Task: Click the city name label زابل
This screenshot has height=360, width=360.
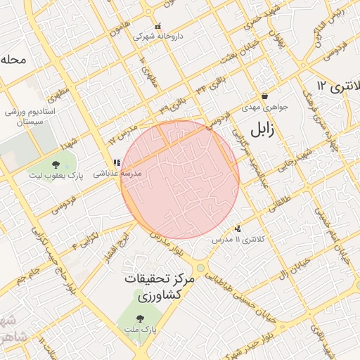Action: coord(259,129)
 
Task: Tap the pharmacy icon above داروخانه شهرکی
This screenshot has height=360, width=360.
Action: coord(157,26)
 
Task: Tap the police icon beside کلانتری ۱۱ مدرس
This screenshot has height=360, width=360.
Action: coord(238,229)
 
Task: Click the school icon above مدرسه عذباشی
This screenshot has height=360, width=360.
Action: coord(116,163)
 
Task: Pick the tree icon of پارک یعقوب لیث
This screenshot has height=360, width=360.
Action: coord(56,165)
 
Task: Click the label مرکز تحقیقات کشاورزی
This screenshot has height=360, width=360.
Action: coord(159,287)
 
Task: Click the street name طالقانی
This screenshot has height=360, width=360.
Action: coord(276,205)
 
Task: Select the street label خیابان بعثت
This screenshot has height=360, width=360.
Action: coord(233,59)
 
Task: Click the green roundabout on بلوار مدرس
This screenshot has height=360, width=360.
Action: coord(200,268)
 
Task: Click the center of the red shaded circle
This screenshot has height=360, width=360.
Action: coord(180,180)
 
